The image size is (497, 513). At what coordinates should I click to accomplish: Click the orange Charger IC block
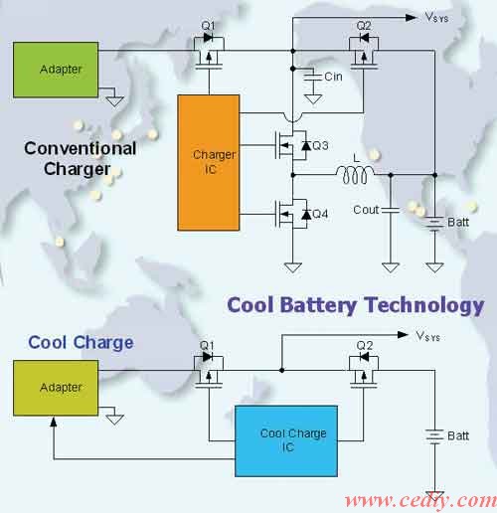(x=209, y=162)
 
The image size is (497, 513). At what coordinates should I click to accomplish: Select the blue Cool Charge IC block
(x=286, y=441)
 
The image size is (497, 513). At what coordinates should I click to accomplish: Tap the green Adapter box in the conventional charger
(x=56, y=70)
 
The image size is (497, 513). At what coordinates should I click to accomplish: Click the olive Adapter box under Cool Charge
(x=56, y=388)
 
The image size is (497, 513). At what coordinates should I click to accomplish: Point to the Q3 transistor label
(x=320, y=145)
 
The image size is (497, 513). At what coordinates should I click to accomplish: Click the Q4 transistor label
(x=320, y=214)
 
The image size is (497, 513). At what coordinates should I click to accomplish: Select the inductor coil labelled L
(x=355, y=175)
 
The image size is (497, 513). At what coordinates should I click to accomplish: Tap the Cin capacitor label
(x=333, y=77)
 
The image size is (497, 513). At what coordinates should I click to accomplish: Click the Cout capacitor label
(x=366, y=210)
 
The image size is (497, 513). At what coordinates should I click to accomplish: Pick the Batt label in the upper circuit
(x=458, y=222)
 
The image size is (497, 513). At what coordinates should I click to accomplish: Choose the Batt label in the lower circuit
(x=458, y=435)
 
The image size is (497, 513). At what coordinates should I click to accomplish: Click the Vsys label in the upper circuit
(x=436, y=17)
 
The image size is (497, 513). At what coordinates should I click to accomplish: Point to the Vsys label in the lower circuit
(x=427, y=336)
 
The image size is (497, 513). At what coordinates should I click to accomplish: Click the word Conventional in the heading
(x=81, y=148)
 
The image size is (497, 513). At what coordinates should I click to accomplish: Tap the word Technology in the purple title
(x=424, y=305)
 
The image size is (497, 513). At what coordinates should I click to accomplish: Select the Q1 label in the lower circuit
(x=207, y=346)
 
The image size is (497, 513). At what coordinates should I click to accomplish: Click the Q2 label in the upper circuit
(x=364, y=26)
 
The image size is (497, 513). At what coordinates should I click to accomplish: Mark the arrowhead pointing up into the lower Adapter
(x=54, y=422)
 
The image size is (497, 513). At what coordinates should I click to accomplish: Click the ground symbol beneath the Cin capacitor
(x=313, y=99)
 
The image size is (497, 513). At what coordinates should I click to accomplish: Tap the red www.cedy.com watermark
(x=420, y=500)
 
